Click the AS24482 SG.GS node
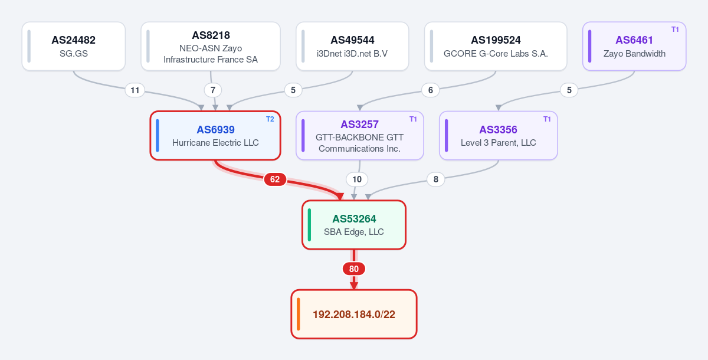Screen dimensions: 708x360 (74, 46)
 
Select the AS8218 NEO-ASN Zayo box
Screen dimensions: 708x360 (211, 46)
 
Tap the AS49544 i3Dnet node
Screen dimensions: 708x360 (352, 46)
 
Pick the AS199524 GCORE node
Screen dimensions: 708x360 (496, 46)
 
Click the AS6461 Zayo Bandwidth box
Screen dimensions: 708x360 (634, 46)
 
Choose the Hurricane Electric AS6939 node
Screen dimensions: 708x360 (215, 136)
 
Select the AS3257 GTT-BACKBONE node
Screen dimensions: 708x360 (360, 136)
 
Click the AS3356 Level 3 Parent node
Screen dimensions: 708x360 (499, 136)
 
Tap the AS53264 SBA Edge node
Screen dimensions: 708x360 (354, 225)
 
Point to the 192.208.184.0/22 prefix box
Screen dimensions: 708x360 (354, 314)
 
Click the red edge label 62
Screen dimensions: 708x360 (275, 179)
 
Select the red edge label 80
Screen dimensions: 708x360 (354, 269)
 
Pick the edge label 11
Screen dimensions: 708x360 (135, 90)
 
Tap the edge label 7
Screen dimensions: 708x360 (213, 90)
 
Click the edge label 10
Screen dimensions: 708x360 (357, 179)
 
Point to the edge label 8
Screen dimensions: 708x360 (436, 179)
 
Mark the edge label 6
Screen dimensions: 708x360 (431, 90)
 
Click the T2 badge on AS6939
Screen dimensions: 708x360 (270, 119)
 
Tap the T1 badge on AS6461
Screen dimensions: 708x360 (675, 30)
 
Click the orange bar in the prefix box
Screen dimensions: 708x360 (299, 314)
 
